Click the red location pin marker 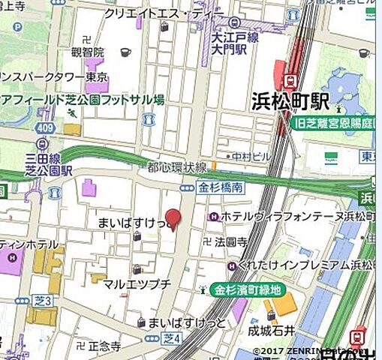coord(173,218)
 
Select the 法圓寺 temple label coord(230,242)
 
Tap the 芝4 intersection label coord(172,339)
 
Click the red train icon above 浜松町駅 coord(287,79)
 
